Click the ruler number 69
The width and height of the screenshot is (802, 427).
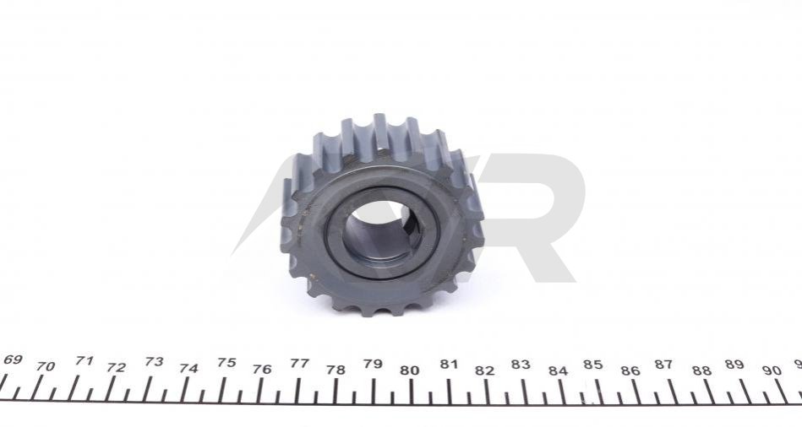[x=12, y=359]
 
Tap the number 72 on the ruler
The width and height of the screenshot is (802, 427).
[x=116, y=367]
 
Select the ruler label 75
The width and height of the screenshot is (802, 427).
[x=226, y=363]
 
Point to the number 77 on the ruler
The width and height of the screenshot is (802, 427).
[x=300, y=363]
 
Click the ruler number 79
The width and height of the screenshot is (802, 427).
[x=373, y=364]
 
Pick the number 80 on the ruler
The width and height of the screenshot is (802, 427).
[x=410, y=370]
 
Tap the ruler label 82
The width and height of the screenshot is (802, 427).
[x=484, y=370]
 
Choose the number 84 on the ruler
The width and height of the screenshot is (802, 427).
[x=558, y=371]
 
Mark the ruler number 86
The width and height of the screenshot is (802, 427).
[x=630, y=371]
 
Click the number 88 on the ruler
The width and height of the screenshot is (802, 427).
[x=701, y=370]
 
